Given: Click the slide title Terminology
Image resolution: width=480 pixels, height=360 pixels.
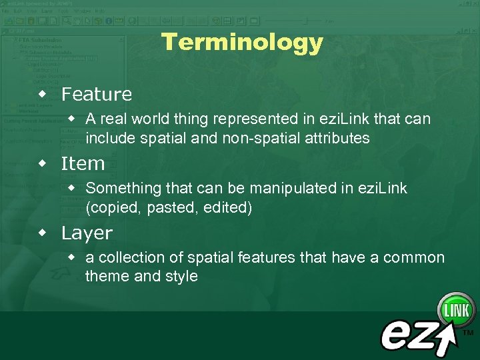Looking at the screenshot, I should click(x=242, y=43).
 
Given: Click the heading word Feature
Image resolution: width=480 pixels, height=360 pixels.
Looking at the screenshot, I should click(x=97, y=94).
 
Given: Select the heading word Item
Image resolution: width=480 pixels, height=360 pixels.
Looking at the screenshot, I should click(x=83, y=163).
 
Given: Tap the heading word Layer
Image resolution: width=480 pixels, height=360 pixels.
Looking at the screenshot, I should click(x=87, y=233).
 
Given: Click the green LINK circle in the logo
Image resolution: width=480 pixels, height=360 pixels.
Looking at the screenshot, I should click(x=457, y=310).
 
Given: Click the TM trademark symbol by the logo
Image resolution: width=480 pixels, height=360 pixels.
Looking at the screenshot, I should click(x=468, y=332).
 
